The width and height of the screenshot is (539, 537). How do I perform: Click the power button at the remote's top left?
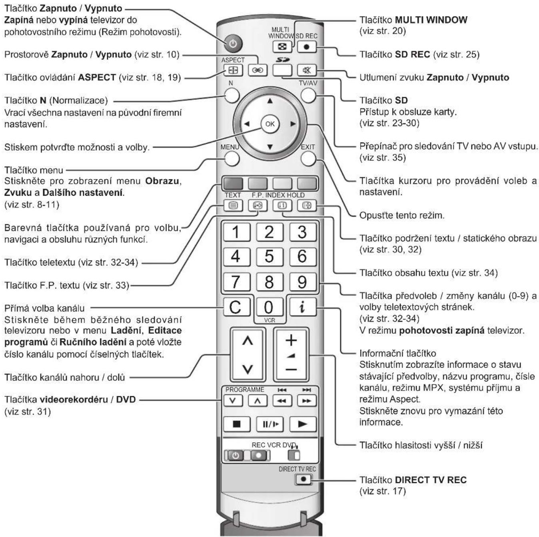(x=233, y=44)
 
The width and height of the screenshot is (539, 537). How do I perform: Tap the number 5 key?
(x=269, y=256)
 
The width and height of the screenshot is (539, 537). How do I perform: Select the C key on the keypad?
(x=236, y=307)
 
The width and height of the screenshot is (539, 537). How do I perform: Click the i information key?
(x=302, y=307)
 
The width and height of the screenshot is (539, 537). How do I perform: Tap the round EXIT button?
(x=307, y=159)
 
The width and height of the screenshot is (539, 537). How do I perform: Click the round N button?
(x=232, y=96)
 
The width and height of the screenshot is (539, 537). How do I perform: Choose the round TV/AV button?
(x=307, y=96)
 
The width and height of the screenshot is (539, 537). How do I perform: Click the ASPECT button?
(x=233, y=70)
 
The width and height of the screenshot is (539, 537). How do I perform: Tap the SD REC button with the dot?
(x=307, y=47)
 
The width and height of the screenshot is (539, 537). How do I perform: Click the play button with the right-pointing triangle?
(x=302, y=424)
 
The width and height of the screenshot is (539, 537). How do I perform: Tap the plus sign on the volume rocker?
(x=291, y=340)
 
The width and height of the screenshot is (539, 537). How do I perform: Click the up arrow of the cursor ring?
(x=269, y=100)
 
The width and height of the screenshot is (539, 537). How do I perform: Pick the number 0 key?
(x=269, y=307)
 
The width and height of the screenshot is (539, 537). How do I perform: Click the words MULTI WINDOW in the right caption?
(x=431, y=20)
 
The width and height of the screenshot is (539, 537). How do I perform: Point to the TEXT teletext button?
(x=233, y=206)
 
